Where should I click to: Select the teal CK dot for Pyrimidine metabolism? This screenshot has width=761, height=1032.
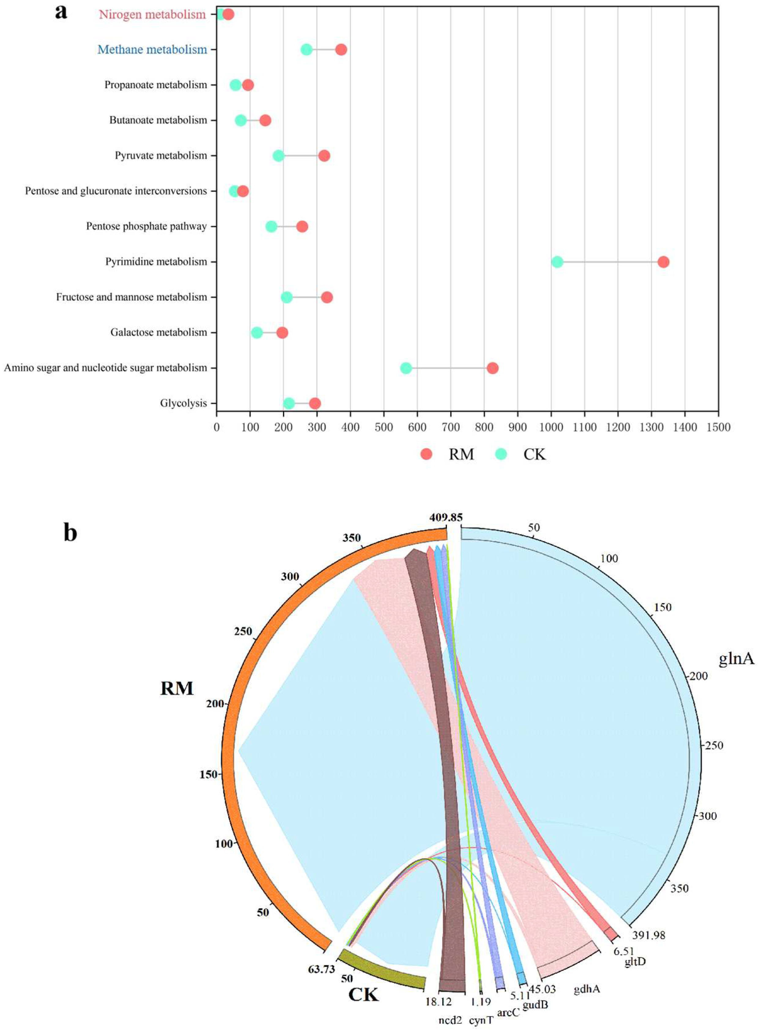click(557, 262)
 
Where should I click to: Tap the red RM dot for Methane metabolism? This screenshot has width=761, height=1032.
click(341, 50)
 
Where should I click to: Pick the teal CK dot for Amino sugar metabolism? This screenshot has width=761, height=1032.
click(406, 368)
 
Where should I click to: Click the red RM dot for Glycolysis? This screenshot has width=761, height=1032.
click(315, 403)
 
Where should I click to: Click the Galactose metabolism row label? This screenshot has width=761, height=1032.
click(158, 332)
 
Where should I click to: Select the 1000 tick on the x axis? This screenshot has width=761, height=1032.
click(551, 427)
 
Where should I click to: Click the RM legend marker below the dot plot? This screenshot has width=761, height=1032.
click(427, 454)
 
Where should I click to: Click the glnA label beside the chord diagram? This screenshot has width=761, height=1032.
click(736, 659)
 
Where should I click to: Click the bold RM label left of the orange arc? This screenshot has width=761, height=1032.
click(177, 689)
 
